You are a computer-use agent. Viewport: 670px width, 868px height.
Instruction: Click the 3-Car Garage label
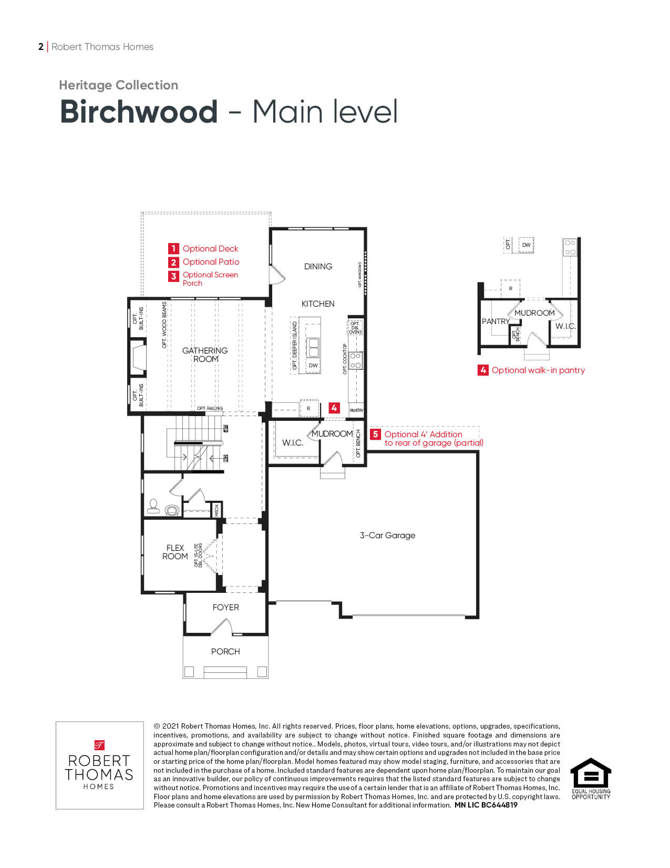[x=387, y=536]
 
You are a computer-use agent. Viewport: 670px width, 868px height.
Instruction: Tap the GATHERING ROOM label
[x=205, y=355]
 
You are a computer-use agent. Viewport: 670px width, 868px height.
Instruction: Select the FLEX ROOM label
[x=175, y=552]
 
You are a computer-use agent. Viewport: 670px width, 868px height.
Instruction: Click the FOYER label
[x=225, y=608]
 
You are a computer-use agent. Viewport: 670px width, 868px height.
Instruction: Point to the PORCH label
[x=225, y=652]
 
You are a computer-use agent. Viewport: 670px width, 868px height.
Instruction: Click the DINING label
[x=318, y=267]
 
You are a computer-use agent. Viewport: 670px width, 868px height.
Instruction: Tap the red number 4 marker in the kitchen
[x=334, y=408]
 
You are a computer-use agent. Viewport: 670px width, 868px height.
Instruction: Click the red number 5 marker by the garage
[x=375, y=435]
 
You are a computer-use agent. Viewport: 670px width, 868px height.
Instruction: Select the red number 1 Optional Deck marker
[x=174, y=249]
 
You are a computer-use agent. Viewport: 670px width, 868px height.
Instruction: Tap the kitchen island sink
[x=313, y=347]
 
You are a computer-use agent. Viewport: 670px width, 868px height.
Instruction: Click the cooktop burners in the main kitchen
[x=356, y=361]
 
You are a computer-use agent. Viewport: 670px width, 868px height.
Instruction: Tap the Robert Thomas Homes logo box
[x=99, y=765]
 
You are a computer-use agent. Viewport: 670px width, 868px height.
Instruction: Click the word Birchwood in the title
[x=139, y=112]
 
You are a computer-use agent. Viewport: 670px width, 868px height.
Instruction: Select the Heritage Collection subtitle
[x=118, y=85]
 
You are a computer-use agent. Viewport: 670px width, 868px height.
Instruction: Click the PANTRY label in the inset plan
[x=496, y=321]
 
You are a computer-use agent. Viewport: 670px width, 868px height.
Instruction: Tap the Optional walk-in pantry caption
[x=538, y=370]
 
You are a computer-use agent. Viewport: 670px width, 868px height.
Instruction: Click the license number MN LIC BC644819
[x=486, y=805]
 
